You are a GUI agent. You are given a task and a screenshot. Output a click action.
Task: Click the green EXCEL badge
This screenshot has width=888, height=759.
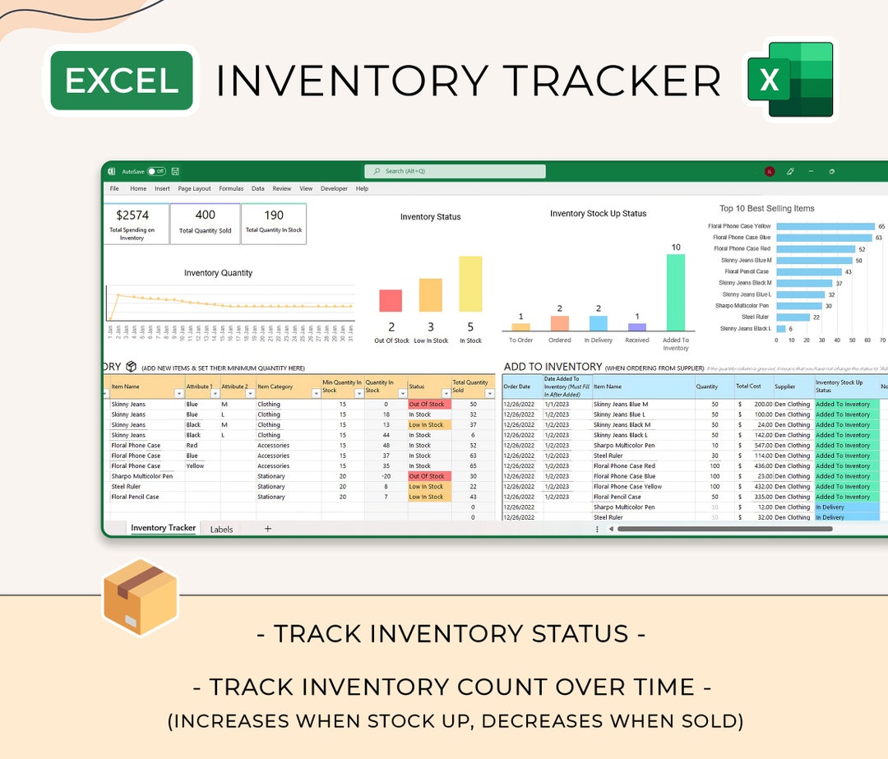point(122,81)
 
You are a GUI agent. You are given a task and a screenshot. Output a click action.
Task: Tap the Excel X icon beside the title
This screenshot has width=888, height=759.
point(790,80)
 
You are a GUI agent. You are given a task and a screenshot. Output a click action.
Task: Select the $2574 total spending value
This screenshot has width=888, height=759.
point(132,215)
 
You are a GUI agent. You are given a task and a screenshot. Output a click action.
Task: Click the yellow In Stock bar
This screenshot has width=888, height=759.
point(470,284)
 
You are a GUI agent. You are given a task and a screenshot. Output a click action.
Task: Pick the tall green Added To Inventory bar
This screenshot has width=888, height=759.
point(675,292)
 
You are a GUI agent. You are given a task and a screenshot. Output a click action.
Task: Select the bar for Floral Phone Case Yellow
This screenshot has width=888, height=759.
point(825,226)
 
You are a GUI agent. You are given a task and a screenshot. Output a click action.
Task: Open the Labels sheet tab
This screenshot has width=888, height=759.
point(221,530)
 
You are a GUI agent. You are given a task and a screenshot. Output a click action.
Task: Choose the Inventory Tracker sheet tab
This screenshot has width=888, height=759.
point(163,528)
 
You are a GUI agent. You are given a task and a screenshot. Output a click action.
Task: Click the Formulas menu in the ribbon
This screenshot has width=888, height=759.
point(231,188)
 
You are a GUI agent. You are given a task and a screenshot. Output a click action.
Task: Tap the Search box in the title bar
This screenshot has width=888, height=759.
point(455,171)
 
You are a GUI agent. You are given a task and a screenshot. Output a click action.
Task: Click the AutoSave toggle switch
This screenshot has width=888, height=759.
point(156,172)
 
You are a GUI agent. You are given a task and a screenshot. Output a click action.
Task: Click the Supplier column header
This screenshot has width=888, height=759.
point(784,386)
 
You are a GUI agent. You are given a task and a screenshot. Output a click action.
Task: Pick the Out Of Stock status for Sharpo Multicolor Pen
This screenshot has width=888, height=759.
point(427,476)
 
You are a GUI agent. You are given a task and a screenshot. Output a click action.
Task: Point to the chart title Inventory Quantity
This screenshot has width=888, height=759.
point(218,273)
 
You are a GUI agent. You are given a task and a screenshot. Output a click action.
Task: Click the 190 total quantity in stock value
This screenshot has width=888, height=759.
point(274,215)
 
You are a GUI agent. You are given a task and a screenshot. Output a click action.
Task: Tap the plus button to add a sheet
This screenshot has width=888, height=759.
point(267,529)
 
